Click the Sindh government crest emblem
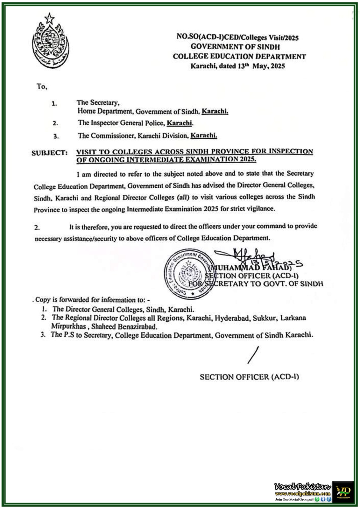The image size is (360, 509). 50,40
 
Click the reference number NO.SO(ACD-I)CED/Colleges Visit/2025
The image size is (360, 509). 237,37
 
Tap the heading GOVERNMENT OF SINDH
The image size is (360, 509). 235,47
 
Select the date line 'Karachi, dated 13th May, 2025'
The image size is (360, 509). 237,66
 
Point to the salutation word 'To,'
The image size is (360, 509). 42,87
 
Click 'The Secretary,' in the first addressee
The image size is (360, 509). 98,102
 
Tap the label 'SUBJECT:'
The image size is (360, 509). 49,153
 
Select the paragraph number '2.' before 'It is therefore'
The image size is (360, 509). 37,228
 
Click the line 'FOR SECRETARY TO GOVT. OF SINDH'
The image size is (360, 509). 255,284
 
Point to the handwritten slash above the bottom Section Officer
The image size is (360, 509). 253,355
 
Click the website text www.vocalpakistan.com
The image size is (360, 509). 303,493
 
